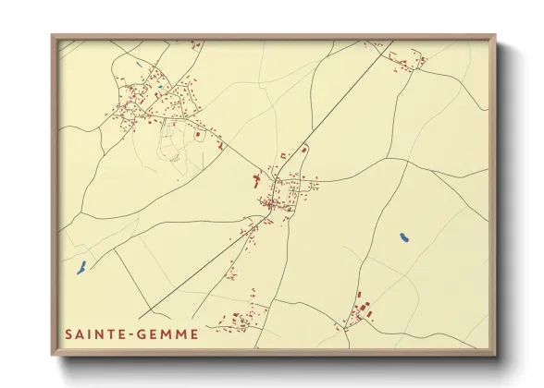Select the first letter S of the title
tap(68, 334)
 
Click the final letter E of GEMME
tap(193, 334)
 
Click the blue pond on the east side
tap(404, 238)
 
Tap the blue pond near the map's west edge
tap(80, 268)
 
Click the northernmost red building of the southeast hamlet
tap(360, 296)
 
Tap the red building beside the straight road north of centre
tap(301, 148)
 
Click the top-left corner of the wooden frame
tap(52, 35)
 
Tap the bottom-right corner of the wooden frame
tap(497, 355)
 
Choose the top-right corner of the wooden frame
tap(497, 35)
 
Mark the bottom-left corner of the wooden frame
tap(52, 355)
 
